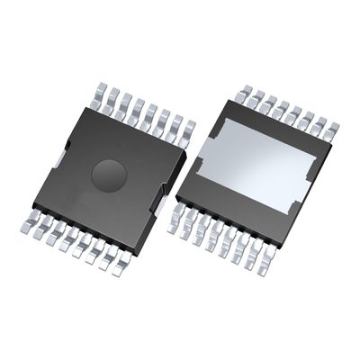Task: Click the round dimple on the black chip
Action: [x=109, y=172]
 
